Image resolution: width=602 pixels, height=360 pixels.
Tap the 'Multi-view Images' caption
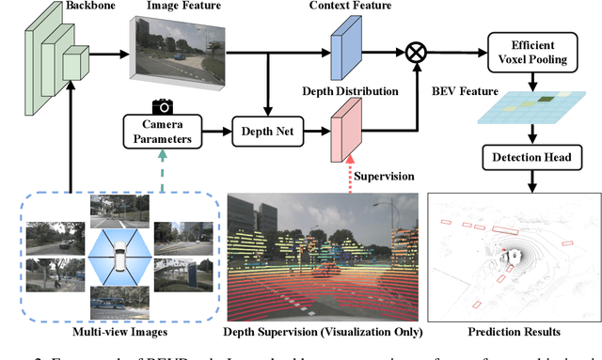113,333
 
